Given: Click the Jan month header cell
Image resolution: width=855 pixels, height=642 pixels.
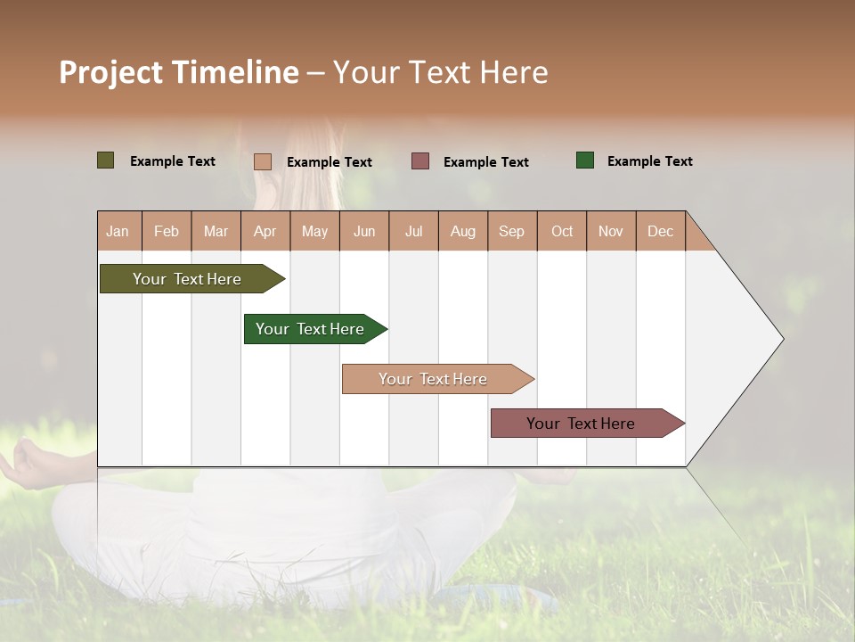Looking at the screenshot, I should (x=118, y=231).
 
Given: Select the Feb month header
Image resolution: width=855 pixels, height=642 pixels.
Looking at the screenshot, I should (x=167, y=231).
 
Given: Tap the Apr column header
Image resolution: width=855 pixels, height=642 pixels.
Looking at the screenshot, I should (x=265, y=231).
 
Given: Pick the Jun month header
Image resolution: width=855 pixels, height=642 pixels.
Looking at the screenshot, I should (x=364, y=231).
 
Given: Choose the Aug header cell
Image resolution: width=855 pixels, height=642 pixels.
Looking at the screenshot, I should (x=463, y=231).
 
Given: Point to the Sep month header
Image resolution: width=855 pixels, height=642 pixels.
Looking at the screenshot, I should (x=512, y=231).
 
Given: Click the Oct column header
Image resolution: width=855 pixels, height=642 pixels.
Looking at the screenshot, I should (x=562, y=231).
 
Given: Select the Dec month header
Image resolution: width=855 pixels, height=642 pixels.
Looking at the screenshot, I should (x=661, y=231).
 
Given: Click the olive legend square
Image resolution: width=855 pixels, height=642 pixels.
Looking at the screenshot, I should (x=106, y=160).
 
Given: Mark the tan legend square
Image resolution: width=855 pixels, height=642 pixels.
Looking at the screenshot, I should (x=263, y=161).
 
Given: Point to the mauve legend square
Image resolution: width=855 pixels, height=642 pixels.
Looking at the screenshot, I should (x=420, y=161).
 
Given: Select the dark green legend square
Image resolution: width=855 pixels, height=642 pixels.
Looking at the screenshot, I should (x=585, y=160).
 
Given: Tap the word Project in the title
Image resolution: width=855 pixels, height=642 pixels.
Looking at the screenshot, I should (x=110, y=72).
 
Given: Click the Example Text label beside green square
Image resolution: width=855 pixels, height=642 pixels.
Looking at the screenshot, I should (x=649, y=161).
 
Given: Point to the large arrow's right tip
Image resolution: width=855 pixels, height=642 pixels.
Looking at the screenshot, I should (x=781, y=339).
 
